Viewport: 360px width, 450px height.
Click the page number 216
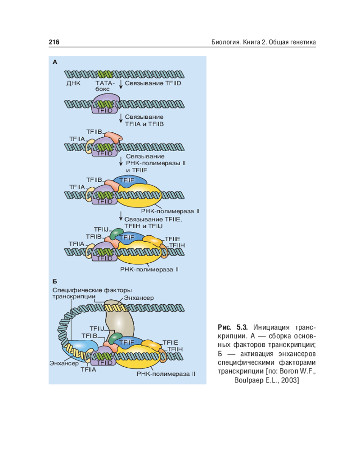coord(54,42)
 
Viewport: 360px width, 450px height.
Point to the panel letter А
coord(55,62)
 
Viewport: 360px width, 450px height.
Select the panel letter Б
coord(55,282)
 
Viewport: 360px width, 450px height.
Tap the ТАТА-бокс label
coord(105,86)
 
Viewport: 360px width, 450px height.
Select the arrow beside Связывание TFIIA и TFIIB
coord(121,119)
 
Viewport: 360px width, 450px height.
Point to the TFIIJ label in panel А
coord(101,229)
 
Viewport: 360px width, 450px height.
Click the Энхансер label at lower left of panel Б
coord(64,363)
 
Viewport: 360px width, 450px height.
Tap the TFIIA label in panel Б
coord(88,369)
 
